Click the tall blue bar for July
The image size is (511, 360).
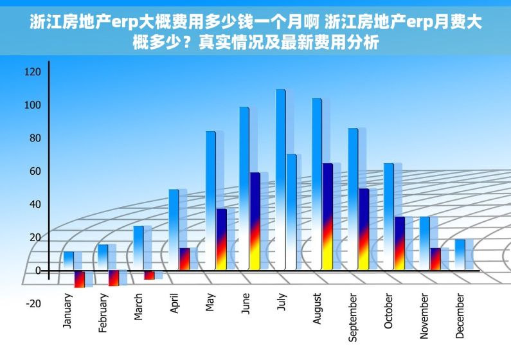[x=281, y=180]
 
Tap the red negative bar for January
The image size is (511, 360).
[x=79, y=279]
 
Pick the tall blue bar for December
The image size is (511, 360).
[x=460, y=255]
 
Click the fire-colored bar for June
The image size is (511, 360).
[x=255, y=221]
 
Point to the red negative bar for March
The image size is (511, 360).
[x=149, y=275]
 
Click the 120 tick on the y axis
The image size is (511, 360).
[x=32, y=72]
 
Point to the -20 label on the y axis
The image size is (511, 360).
[x=32, y=303]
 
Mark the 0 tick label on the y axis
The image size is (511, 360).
[x=38, y=271]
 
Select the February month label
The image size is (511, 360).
[x=103, y=314]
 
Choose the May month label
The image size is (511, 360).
[x=210, y=303]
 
